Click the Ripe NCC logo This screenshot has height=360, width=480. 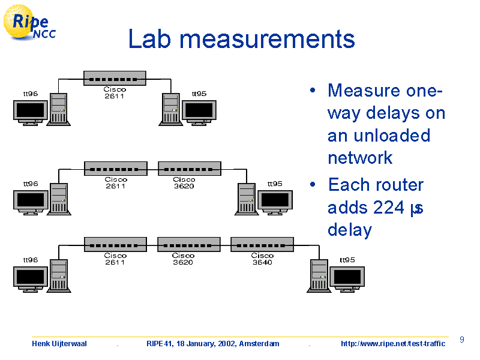29,23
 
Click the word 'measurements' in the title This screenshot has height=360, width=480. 267,39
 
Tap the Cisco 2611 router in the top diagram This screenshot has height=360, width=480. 115,79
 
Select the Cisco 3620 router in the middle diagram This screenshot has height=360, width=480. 190,169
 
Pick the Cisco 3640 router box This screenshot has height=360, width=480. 262,244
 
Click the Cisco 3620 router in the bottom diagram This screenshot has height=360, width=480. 189,244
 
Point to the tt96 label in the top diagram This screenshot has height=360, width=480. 31,94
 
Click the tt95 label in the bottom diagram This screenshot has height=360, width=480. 347,260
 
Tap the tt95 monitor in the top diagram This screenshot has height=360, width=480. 199,113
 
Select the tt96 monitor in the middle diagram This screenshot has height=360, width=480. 31,202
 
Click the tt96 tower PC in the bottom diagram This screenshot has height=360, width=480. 59,276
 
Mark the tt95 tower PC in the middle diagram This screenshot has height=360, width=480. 247,199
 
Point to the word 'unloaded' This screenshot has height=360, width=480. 392,136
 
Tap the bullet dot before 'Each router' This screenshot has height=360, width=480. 313,184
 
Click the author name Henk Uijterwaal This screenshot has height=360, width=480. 59,343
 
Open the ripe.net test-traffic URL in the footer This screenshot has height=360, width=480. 393,343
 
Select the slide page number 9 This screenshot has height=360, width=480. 462,340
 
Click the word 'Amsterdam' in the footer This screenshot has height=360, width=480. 259,343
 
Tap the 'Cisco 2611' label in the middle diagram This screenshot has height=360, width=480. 116,183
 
